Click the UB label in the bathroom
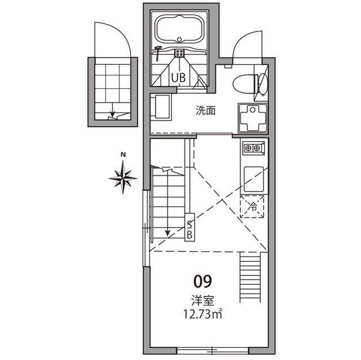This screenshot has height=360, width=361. [x=178, y=78]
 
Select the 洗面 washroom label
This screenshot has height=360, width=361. [x=205, y=110]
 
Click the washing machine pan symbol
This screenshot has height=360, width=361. [x=253, y=118]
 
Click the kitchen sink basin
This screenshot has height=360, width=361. [x=254, y=180]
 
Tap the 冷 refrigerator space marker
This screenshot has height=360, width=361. [x=253, y=207]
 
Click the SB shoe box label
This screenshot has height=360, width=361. [x=190, y=229]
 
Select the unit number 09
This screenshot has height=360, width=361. [x=202, y=282]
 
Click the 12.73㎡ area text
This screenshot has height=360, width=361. [x=202, y=314]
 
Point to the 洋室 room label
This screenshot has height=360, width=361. [x=203, y=301]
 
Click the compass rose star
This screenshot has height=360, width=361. [x=123, y=177]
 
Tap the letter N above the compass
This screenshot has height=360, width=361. [x=124, y=155]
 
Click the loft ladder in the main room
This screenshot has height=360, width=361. [x=250, y=277]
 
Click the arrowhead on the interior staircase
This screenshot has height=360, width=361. [x=168, y=233]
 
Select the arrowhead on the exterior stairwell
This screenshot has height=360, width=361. [x=112, y=114]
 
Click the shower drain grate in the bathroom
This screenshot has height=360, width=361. [x=179, y=52]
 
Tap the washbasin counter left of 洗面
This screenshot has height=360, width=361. [x=161, y=108]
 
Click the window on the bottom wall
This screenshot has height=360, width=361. [x=213, y=351]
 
